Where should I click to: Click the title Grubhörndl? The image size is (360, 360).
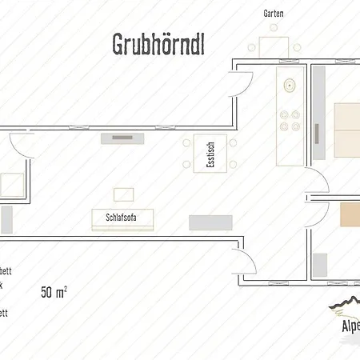click(x=157, y=46)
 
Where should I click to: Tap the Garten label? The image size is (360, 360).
click(x=274, y=14)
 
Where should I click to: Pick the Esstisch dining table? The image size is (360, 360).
click(x=210, y=154)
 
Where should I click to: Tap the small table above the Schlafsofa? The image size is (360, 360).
click(x=124, y=194)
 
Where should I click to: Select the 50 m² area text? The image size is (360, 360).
click(x=54, y=291)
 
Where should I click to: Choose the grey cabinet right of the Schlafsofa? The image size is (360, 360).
click(x=210, y=222)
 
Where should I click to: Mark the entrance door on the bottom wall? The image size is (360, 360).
click(x=240, y=265)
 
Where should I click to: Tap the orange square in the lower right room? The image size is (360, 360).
click(x=350, y=213)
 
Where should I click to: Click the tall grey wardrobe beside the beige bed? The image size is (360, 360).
click(x=318, y=112)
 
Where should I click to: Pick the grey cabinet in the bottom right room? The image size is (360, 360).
click(x=320, y=264)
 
